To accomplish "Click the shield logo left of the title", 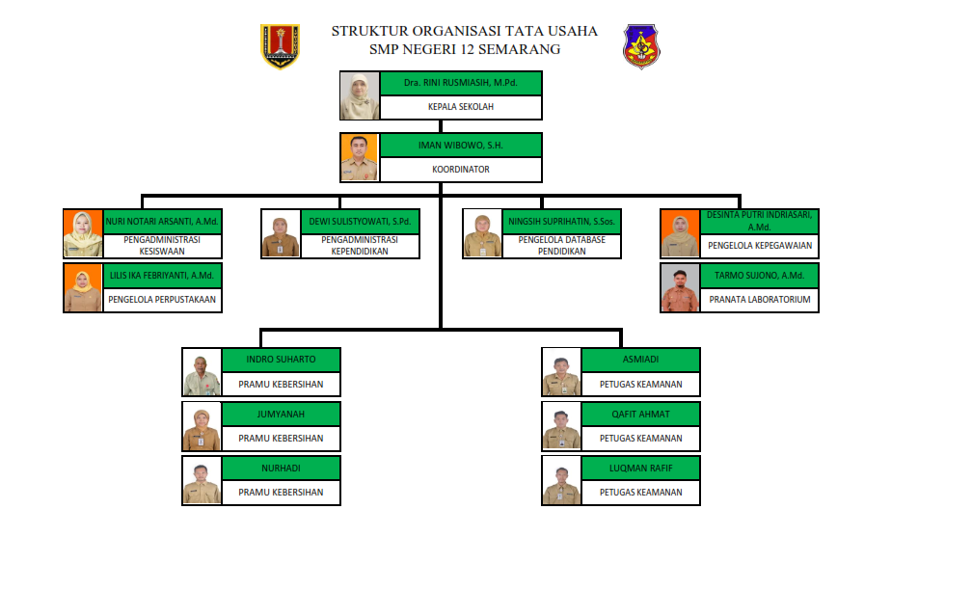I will pyautogui.click(x=280, y=46).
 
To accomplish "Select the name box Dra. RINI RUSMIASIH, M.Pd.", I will pyautogui.click(x=461, y=84).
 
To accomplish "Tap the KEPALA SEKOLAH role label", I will pyautogui.click(x=461, y=107).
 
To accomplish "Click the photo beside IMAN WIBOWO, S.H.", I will pyautogui.click(x=360, y=158).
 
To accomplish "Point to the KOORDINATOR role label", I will pyautogui.click(x=461, y=170).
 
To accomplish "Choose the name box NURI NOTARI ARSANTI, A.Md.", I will pyautogui.click(x=163, y=222).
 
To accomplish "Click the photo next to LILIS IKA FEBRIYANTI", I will pyautogui.click(x=83, y=287).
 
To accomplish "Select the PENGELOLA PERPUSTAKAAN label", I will pyautogui.click(x=163, y=300).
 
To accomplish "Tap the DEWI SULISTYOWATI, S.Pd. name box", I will pyautogui.click(x=360, y=222).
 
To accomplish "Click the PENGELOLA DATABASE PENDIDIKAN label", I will pyautogui.click(x=561, y=246).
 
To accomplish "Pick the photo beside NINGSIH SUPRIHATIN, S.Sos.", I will pyautogui.click(x=482, y=234).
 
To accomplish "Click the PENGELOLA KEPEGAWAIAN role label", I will pyautogui.click(x=760, y=246).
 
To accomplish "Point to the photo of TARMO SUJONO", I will pyautogui.click(x=680, y=287).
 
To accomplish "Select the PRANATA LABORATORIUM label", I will pyautogui.click(x=760, y=300).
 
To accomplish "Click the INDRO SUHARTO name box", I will pyautogui.click(x=281, y=360).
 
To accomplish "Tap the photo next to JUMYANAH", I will pyautogui.click(x=202, y=426).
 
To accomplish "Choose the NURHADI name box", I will pyautogui.click(x=281, y=469).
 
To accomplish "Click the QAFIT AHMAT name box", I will pyautogui.click(x=640, y=415).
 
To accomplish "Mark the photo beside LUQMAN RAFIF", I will pyautogui.click(x=561, y=480).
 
